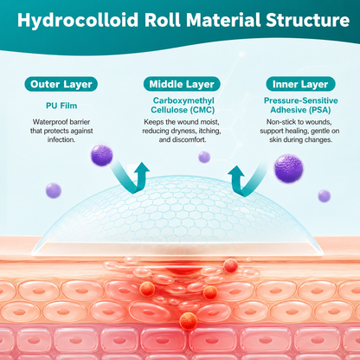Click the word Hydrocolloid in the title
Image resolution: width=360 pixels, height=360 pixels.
click(78, 21)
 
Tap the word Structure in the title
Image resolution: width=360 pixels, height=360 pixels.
click(308, 20)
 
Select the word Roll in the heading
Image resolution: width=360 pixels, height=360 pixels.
click(163, 20)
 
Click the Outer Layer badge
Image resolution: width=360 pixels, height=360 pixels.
click(61, 84)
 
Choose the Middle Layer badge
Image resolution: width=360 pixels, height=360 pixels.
click(182, 84)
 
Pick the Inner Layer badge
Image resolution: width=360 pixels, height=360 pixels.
click(300, 84)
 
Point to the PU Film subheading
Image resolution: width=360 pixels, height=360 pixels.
click(61, 106)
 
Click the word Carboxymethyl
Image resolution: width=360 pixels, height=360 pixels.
click(183, 100)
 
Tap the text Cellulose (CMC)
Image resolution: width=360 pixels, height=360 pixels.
click(183, 110)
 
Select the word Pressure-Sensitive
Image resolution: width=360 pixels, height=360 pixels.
click(301, 100)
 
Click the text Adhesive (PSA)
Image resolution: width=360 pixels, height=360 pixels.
click(300, 110)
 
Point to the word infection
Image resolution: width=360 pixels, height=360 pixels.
click(61, 139)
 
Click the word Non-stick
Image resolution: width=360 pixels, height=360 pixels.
click(278, 122)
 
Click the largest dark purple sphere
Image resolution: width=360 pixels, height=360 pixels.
click(289, 169)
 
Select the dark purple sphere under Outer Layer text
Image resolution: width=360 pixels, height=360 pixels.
click(101, 156)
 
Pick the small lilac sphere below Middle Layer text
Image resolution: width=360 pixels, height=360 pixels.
click(204, 157)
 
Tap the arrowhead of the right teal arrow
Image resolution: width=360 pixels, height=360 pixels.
click(236, 173)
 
